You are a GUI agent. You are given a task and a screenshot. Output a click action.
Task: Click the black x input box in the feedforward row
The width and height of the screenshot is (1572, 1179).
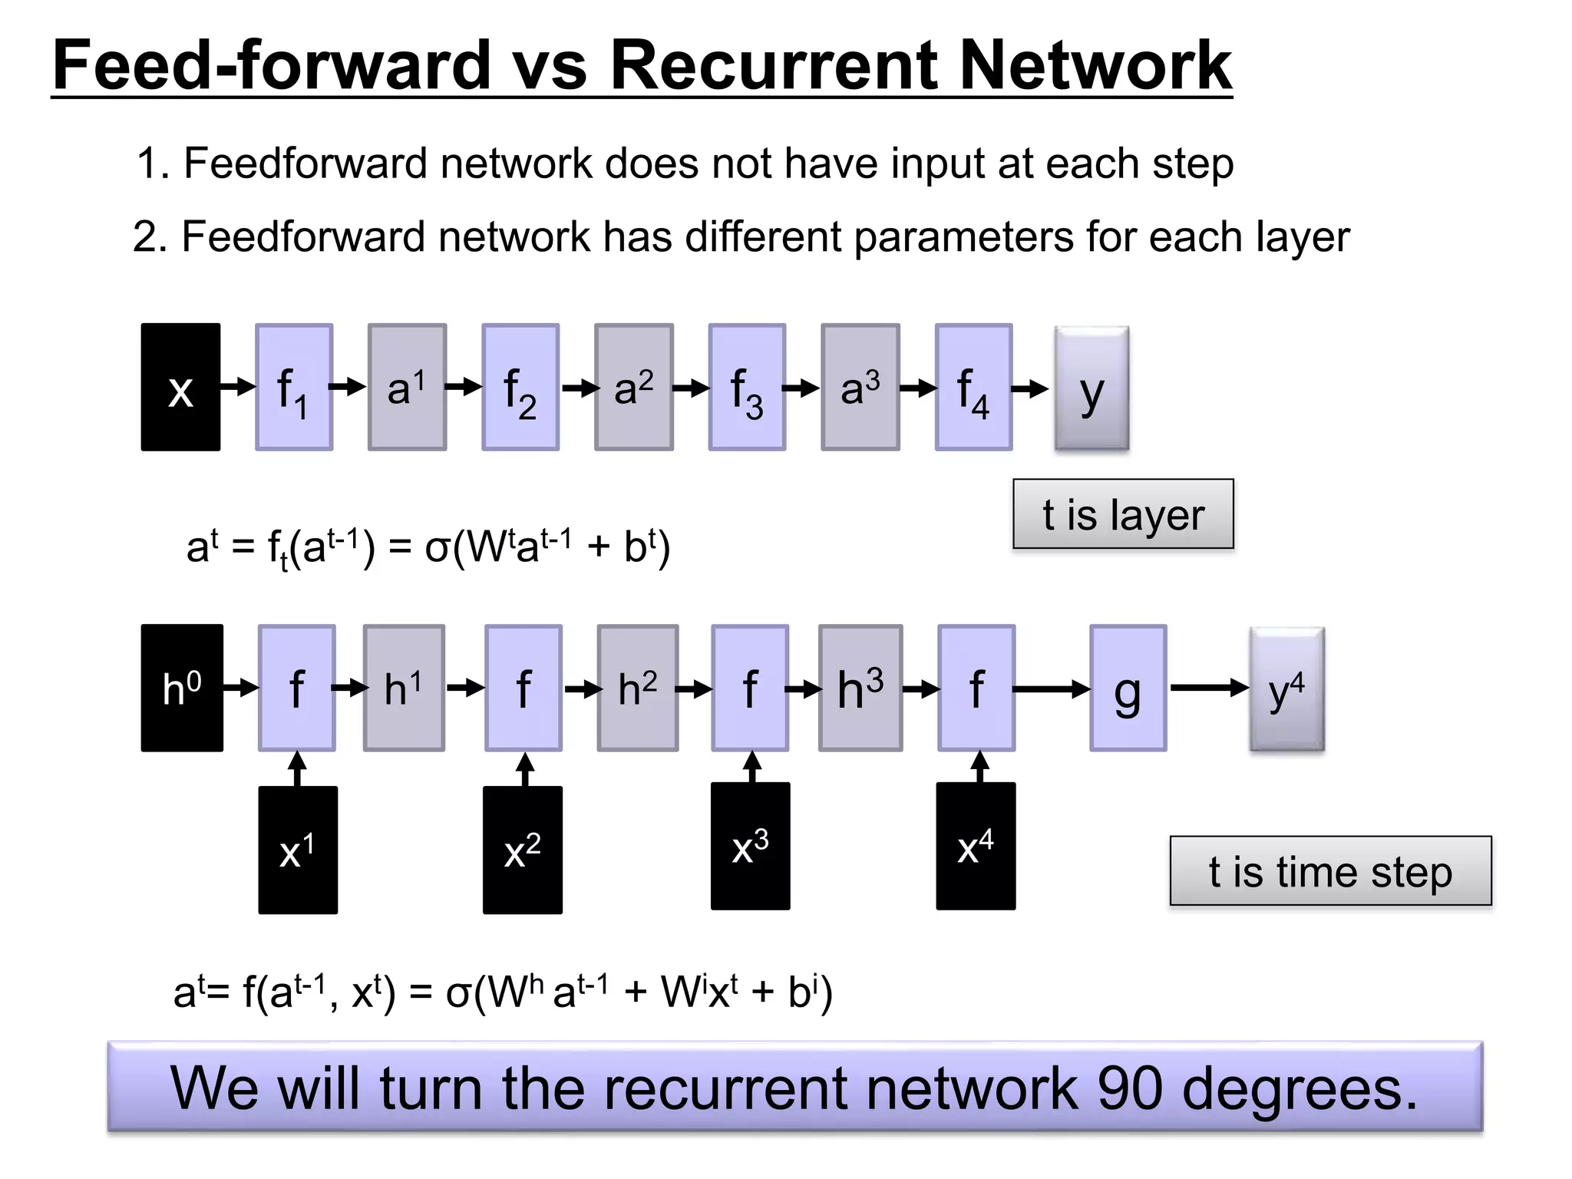tap(180, 387)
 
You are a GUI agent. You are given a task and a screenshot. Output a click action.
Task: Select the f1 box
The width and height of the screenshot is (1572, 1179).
tap(294, 387)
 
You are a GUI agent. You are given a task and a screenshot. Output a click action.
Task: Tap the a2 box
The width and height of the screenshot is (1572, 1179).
tap(634, 387)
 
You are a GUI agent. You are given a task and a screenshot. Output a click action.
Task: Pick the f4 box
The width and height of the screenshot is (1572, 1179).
tap(973, 387)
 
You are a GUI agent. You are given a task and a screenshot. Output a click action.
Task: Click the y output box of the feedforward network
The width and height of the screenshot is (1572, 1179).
tap(1091, 388)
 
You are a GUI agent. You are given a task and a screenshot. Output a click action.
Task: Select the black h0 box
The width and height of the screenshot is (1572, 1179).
tap(182, 688)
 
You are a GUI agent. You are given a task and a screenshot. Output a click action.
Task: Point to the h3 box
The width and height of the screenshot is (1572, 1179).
tap(860, 688)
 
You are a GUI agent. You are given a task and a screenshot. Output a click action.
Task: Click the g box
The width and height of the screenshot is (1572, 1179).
tap(1128, 688)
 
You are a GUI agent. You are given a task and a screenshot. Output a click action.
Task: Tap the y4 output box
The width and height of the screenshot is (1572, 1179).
tap(1286, 689)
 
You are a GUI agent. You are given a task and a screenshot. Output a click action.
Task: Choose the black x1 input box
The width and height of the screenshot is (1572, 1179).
tap(298, 850)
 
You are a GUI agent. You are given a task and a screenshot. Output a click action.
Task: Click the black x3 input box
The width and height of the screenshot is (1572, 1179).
tap(750, 846)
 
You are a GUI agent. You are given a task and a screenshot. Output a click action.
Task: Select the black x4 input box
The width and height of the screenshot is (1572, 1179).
tap(976, 846)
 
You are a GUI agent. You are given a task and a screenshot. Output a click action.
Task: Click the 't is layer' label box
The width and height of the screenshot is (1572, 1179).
tap(1123, 514)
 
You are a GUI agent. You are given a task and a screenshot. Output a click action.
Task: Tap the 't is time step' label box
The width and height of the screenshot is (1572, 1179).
tap(1330, 871)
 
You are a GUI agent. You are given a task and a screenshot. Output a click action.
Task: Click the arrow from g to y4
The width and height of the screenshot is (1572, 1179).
tap(1208, 688)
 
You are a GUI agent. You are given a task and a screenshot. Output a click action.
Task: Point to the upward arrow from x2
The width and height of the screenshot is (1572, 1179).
tap(525, 769)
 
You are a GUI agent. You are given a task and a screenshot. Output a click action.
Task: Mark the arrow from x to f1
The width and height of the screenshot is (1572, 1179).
tap(238, 386)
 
